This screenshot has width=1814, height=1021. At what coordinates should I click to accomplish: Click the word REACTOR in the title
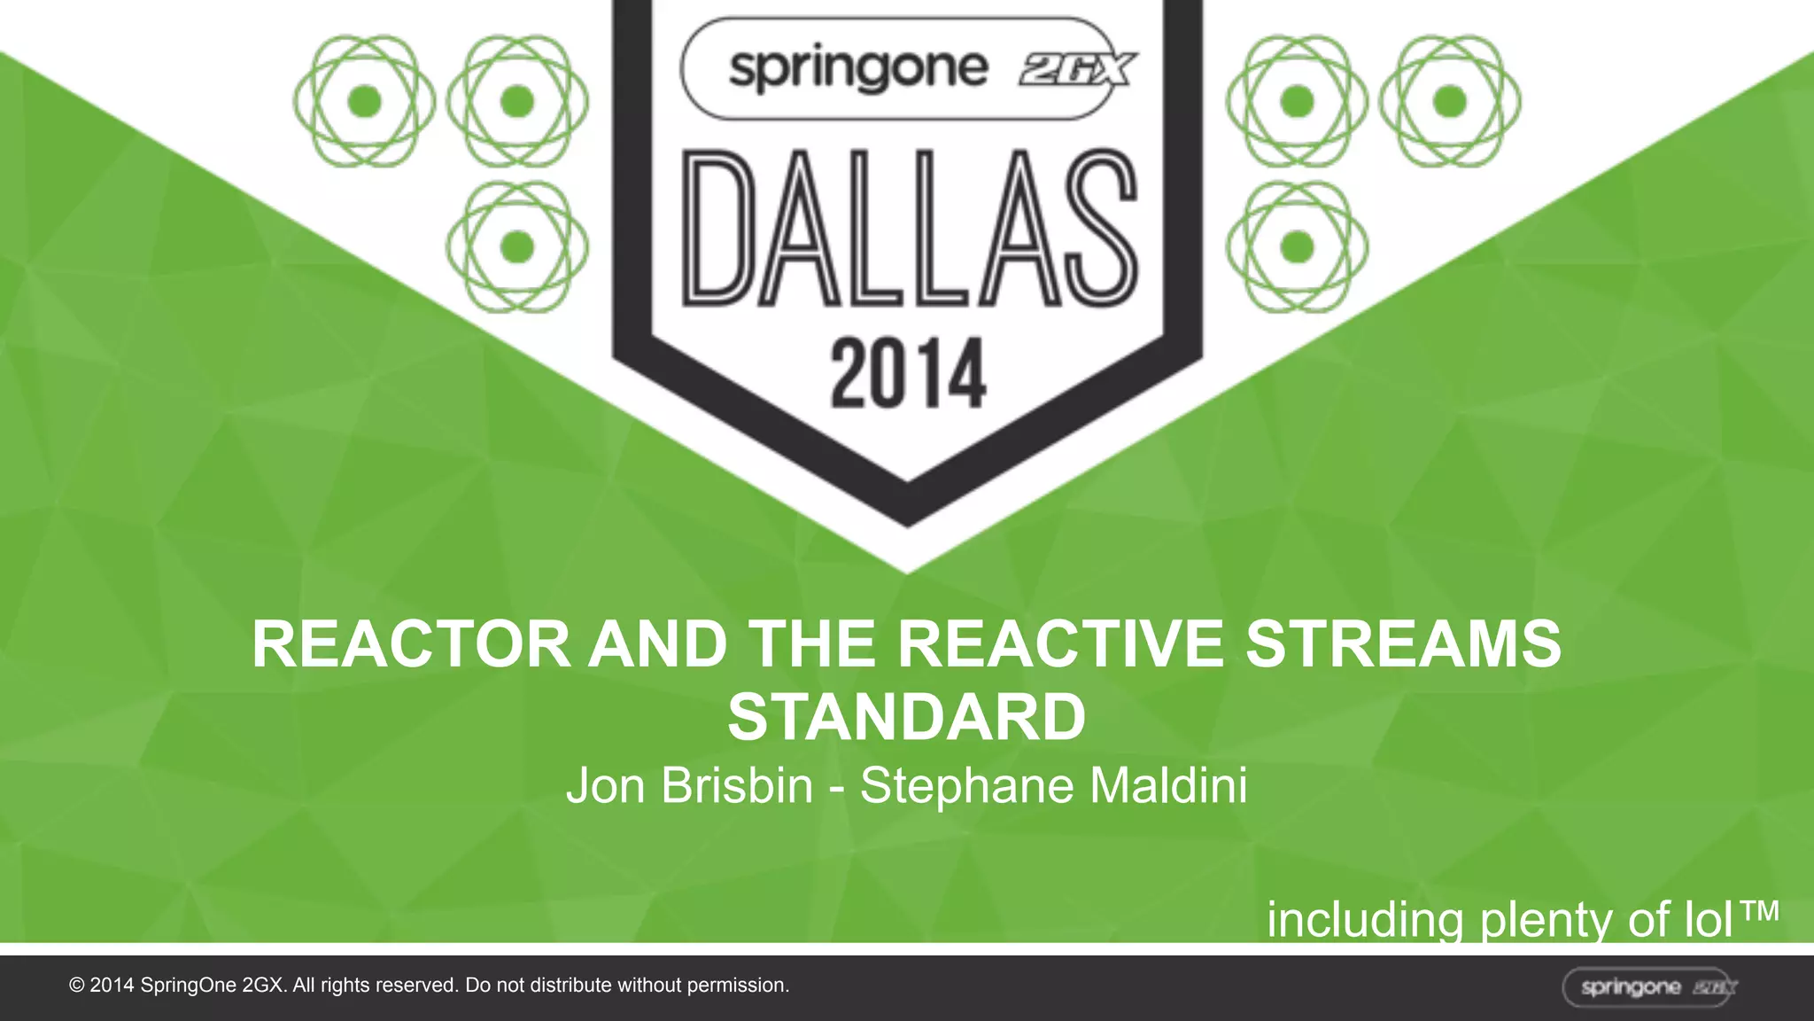click(411, 644)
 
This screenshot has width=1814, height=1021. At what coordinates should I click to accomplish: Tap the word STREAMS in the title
click(1403, 644)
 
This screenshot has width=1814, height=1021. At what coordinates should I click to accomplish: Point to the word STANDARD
click(906, 717)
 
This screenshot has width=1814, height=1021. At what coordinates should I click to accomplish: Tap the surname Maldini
click(1168, 786)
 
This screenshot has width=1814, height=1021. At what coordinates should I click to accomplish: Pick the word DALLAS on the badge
click(909, 229)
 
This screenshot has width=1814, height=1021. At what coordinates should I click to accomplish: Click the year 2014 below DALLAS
click(908, 373)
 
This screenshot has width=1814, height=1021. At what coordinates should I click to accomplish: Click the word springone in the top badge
click(857, 69)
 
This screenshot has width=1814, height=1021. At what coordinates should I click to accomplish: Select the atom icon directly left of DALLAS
click(517, 246)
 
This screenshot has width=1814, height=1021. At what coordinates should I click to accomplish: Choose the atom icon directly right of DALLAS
click(1297, 246)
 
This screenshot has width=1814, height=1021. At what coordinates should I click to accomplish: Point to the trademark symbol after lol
click(1758, 911)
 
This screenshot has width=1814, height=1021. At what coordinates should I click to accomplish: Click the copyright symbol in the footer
click(77, 986)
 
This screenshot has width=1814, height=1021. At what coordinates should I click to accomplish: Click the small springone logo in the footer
click(1648, 987)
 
